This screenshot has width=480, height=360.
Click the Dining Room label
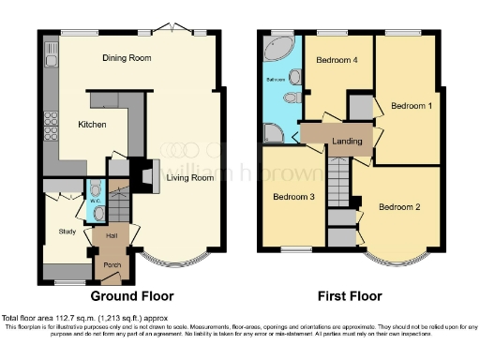tap(127, 58)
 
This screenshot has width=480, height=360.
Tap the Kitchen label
tap(92, 125)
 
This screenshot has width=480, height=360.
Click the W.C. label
tap(95, 200)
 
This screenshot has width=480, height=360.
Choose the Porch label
tap(112, 266)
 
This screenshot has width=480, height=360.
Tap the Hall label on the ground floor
tap(111, 235)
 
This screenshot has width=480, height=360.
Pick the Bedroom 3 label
tap(292, 197)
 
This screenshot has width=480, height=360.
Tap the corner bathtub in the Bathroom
tap(277, 49)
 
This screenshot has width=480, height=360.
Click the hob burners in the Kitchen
tap(49, 122)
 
